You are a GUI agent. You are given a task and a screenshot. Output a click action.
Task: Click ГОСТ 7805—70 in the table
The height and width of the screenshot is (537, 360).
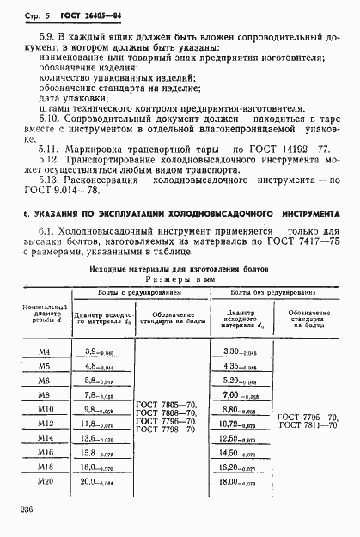pyautogui.click(x=169, y=406)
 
